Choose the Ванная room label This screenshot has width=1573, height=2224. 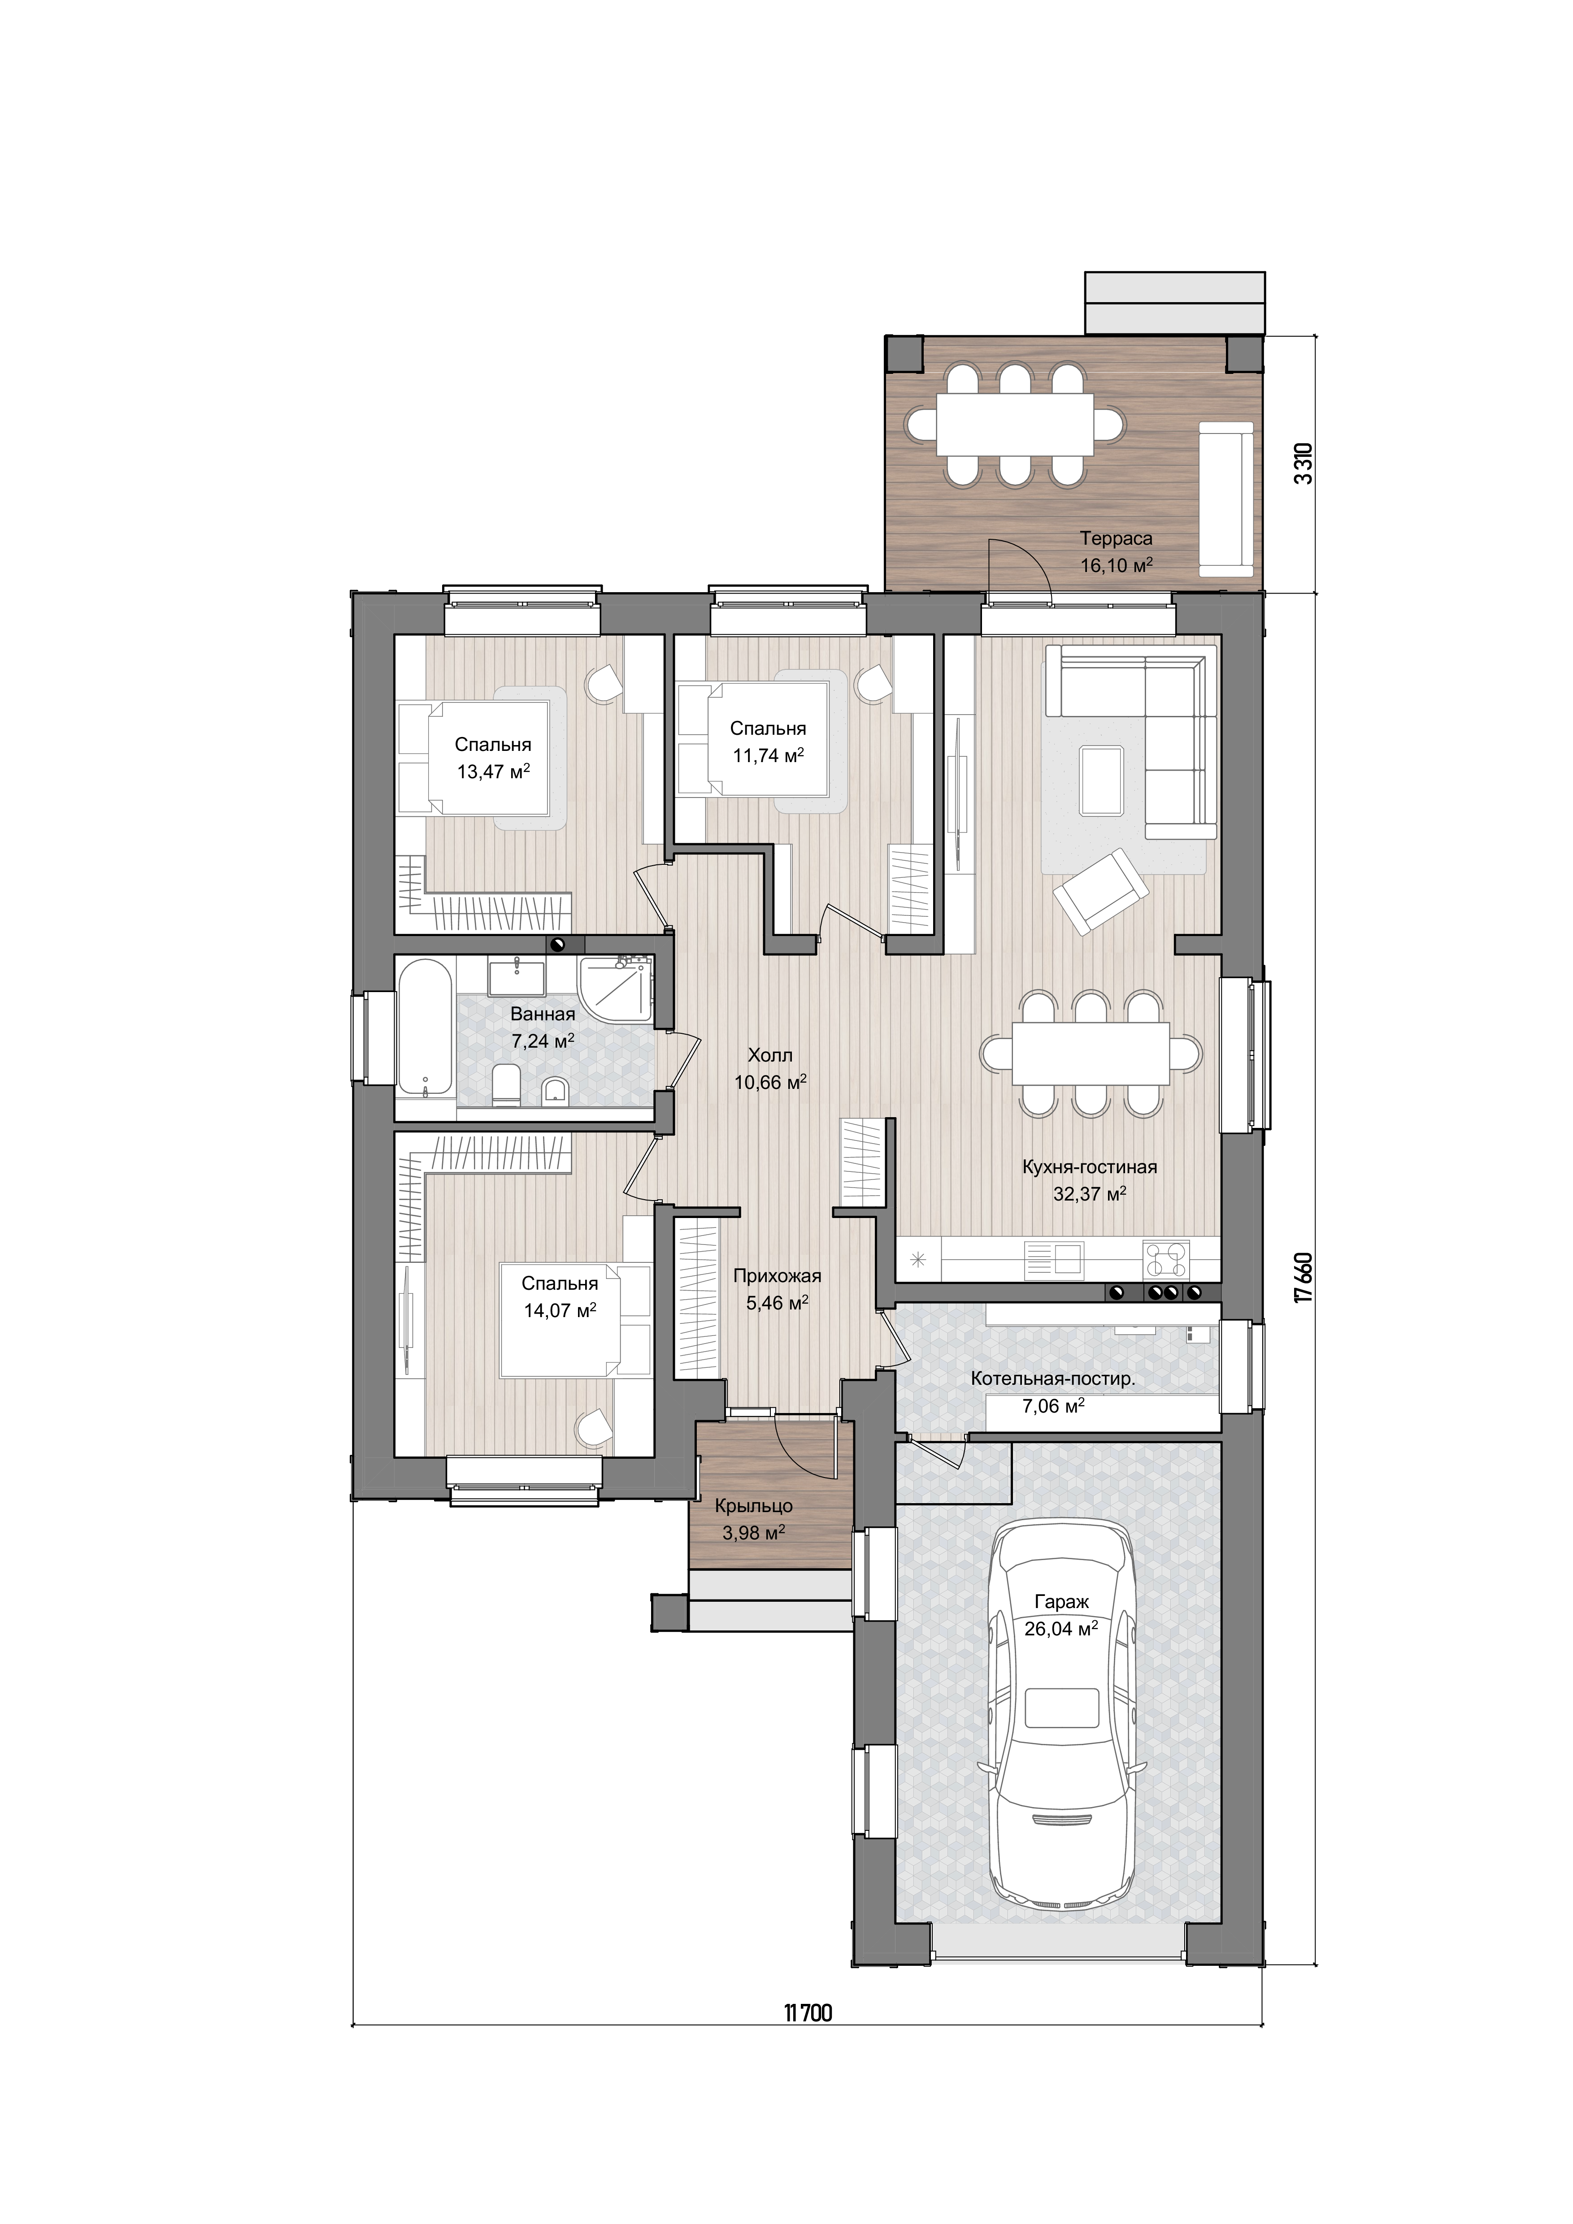(543, 1014)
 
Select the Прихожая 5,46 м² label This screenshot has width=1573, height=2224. (777, 1289)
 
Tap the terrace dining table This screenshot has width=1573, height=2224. (1015, 423)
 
